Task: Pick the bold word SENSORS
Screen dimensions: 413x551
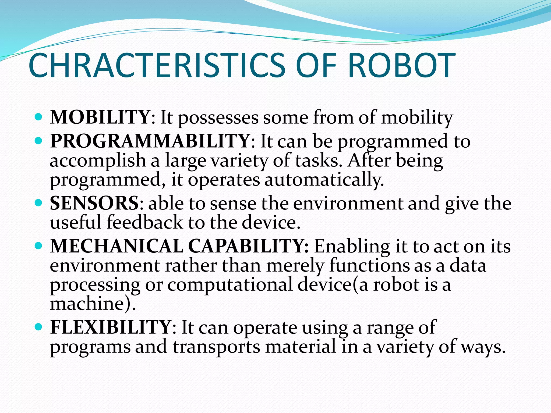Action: pyautogui.click(x=94, y=203)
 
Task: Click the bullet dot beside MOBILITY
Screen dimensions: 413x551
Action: pyautogui.click(x=39, y=117)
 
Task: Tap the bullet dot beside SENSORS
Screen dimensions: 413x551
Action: pyautogui.click(x=39, y=203)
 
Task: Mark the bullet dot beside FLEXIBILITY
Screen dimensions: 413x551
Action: pyautogui.click(x=39, y=327)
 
